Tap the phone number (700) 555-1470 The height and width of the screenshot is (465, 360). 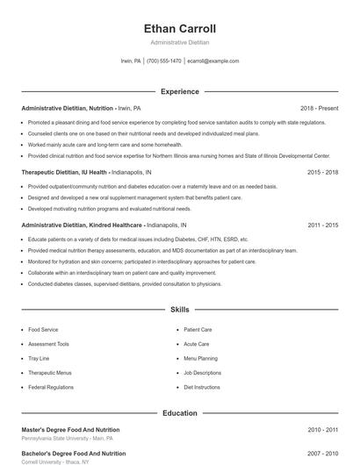pyautogui.click(x=164, y=61)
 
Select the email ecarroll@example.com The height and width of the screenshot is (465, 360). pyautogui.click(x=213, y=61)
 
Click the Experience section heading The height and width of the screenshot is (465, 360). pyautogui.click(x=179, y=91)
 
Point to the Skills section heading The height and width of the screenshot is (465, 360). pyautogui.click(x=179, y=310)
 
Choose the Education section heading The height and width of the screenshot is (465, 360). pyautogui.click(x=179, y=412)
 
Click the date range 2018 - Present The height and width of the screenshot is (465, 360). pyautogui.click(x=319, y=108)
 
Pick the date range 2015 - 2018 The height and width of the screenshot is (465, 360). pyautogui.click(x=322, y=173)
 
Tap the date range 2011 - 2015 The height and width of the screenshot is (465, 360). pyautogui.click(x=322, y=225)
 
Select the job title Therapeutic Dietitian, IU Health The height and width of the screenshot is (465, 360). pyautogui.click(x=64, y=173)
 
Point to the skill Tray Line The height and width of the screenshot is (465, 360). pyautogui.click(x=39, y=358)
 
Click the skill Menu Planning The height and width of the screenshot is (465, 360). pyautogui.click(x=200, y=358)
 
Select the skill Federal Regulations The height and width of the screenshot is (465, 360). pyautogui.click(x=50, y=387)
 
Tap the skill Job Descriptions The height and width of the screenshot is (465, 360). pyautogui.click(x=202, y=373)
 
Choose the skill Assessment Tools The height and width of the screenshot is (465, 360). pyautogui.click(x=48, y=344)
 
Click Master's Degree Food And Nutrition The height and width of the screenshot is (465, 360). pyautogui.click(x=73, y=430)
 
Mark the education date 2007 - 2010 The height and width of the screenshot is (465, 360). pyautogui.click(x=322, y=454)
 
